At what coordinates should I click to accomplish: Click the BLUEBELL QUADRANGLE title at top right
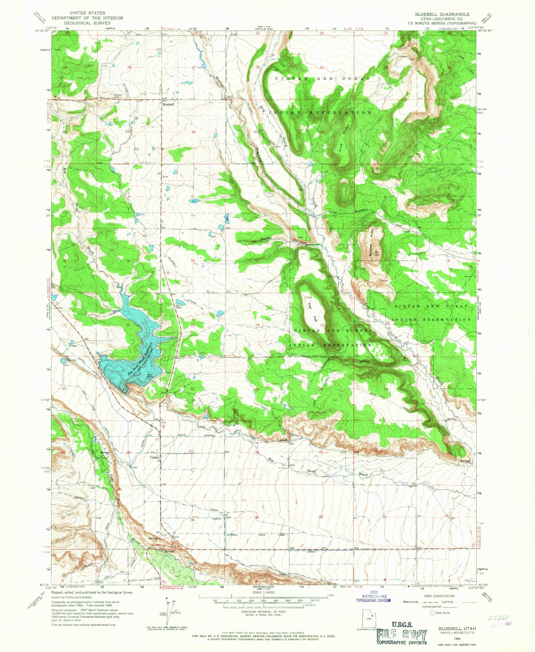442,14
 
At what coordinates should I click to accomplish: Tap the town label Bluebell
168,104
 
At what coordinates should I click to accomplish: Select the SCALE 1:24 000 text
264,592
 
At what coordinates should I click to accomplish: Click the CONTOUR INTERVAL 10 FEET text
264,612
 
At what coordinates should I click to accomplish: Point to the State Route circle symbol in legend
432,613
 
